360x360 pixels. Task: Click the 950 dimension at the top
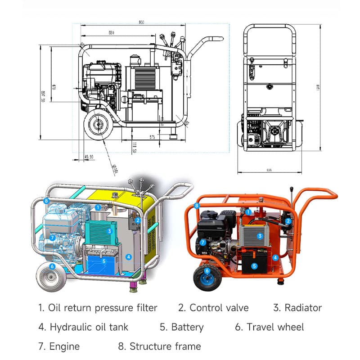coord(142,22)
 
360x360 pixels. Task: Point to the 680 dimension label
coord(111,32)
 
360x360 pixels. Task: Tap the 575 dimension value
coord(152,137)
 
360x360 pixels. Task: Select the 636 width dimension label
coord(270,170)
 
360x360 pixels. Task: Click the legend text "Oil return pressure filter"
coord(103,308)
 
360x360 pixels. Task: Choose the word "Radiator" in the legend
coord(303,308)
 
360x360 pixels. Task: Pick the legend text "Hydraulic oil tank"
coord(89,327)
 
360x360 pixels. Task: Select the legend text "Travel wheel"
coord(275,327)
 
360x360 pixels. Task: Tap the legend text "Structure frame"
coord(165,346)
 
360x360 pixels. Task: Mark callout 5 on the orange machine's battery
coord(254,266)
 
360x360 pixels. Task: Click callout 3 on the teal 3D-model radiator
coord(109,231)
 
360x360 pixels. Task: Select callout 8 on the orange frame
coord(197,206)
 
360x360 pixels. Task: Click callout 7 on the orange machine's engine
coord(203,242)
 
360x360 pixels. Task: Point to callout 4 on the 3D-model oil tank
coord(129,257)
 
